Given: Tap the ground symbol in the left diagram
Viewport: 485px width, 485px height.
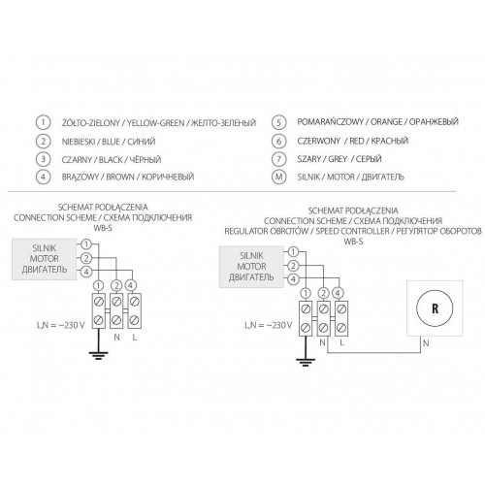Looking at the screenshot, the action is pos(99,356).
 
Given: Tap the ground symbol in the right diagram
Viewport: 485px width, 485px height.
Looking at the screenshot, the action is pos(306,363).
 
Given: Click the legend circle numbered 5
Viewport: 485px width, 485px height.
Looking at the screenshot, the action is pos(278,122).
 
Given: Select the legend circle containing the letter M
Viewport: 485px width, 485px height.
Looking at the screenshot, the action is pos(278,177).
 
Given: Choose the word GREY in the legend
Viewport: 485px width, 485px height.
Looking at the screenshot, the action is pos(338,159).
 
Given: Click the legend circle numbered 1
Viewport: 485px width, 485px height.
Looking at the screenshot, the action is pos(43,122).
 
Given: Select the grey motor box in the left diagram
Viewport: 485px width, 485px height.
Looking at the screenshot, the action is pos(45,259).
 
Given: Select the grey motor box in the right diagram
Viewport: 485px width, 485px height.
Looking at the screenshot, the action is pos(251,267).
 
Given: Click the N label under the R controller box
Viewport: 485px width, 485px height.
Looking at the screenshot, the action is pos(426,343).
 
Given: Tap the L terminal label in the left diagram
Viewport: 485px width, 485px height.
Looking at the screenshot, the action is pos(135,338).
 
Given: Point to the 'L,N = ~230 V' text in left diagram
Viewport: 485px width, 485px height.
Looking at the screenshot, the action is pos(61,325).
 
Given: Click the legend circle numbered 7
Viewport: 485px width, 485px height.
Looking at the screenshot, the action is pos(278,159).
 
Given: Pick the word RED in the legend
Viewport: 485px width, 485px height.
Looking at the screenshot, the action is pos(357,141).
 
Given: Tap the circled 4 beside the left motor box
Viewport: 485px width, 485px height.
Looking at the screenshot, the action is pos(86,272).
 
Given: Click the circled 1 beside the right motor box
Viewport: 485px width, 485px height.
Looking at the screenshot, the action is pos(293,251).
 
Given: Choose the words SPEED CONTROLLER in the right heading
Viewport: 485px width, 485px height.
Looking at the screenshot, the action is pos(352,231).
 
